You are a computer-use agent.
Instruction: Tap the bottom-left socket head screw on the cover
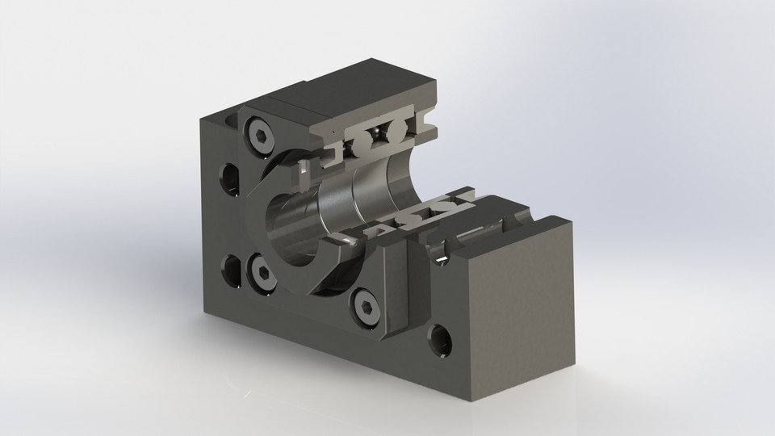259,267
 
